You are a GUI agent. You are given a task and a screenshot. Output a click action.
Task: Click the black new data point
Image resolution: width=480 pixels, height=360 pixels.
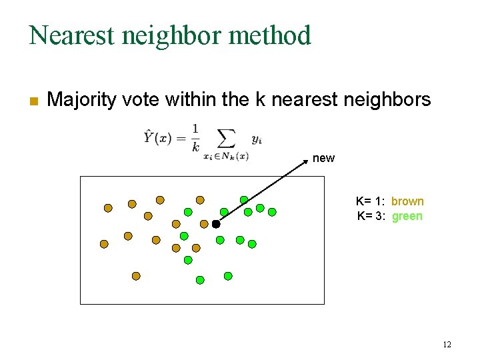(216, 225)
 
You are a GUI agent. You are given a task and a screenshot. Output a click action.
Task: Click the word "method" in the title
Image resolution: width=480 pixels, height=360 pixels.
(274, 35)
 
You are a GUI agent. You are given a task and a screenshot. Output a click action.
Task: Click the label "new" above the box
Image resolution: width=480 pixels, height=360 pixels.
(323, 158)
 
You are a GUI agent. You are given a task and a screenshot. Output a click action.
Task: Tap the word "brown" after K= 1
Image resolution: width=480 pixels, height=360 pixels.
(407, 201)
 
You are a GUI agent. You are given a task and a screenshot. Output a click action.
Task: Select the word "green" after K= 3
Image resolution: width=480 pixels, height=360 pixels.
(407, 216)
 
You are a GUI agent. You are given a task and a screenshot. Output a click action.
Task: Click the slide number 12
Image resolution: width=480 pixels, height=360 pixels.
(447, 345)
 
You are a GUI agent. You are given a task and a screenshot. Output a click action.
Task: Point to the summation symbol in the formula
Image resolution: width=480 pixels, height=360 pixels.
(227, 138)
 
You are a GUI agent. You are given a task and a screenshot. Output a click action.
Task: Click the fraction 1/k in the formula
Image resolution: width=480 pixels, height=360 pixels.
(195, 138)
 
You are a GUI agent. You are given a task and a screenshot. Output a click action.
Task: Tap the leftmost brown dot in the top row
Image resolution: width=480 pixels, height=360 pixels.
(108, 207)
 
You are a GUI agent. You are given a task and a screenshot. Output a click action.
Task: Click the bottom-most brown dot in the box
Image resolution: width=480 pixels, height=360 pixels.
(136, 275)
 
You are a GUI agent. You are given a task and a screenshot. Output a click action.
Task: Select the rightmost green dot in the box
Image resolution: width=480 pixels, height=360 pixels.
(272, 212)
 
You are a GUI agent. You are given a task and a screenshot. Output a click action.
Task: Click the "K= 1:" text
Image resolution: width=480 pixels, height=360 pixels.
(370, 201)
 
